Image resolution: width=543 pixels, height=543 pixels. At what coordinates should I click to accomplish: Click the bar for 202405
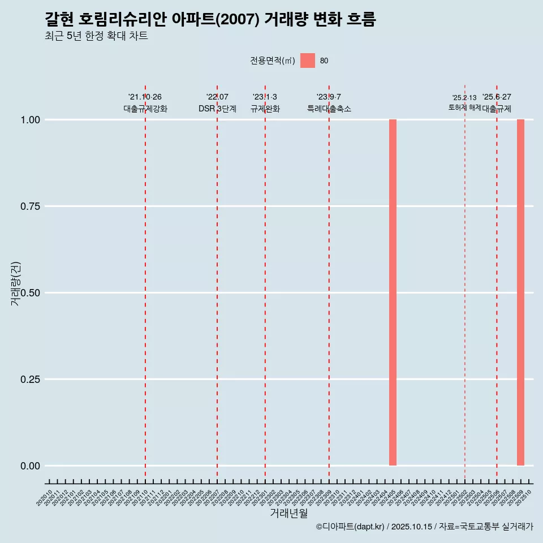click(x=393, y=292)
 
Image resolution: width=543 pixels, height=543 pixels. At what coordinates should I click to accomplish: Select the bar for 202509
click(x=520, y=292)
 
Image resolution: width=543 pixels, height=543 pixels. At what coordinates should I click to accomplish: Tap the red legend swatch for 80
click(x=307, y=61)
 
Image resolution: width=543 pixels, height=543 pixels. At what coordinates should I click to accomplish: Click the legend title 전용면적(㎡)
click(x=273, y=61)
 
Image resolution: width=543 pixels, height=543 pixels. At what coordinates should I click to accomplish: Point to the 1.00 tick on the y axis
click(x=30, y=120)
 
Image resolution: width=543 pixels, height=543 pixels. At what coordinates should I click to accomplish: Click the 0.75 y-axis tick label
click(x=30, y=206)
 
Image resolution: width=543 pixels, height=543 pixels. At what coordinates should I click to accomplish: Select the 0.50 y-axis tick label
click(x=30, y=293)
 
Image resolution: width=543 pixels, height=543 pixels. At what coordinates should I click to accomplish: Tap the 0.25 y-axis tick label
click(x=30, y=380)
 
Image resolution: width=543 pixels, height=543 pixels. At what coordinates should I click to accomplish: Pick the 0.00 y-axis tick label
click(x=30, y=466)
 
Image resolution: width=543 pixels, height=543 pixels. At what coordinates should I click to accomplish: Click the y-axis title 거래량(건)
click(x=16, y=283)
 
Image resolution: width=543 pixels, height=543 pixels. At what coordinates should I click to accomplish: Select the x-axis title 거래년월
click(x=288, y=514)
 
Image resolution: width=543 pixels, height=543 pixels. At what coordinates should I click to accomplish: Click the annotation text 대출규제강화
click(x=145, y=109)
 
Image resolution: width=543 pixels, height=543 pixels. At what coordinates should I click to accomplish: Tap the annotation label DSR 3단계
click(x=217, y=109)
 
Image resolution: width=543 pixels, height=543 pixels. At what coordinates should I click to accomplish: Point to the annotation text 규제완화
click(x=265, y=109)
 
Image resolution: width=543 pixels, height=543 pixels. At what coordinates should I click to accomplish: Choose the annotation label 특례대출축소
click(x=329, y=109)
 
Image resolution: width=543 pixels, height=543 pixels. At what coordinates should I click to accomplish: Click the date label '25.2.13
click(x=464, y=98)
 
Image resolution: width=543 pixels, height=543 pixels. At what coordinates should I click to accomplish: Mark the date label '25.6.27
click(x=497, y=97)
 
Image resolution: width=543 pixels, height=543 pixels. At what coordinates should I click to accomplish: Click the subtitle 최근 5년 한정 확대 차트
click(x=96, y=36)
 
